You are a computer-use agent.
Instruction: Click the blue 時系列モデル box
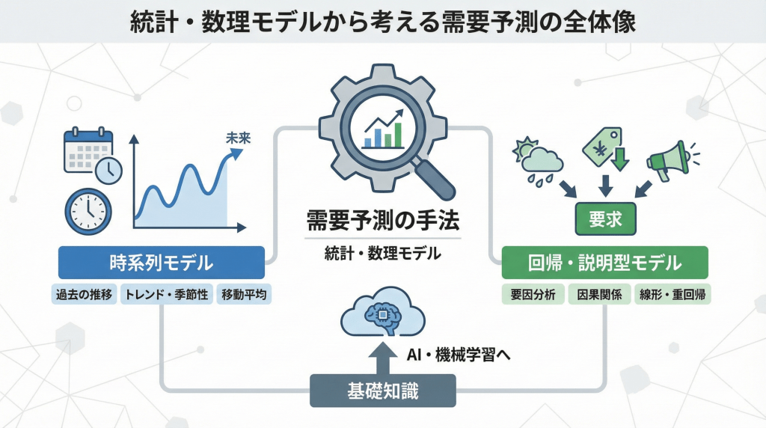pos(162,263)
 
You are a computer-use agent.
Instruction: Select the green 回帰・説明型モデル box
pos(604,263)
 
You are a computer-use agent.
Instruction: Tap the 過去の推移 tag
pos(85,294)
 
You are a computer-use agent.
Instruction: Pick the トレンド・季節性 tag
pos(168,294)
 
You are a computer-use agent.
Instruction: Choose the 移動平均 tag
pos(244,294)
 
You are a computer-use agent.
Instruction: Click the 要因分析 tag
pos(533,294)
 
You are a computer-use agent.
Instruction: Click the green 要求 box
pos(605,220)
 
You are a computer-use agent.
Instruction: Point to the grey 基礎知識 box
pos(382,390)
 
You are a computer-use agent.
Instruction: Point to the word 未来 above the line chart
pos(237,138)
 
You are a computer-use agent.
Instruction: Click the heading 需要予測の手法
pos(382,221)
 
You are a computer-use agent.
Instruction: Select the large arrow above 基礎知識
pos(384,357)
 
